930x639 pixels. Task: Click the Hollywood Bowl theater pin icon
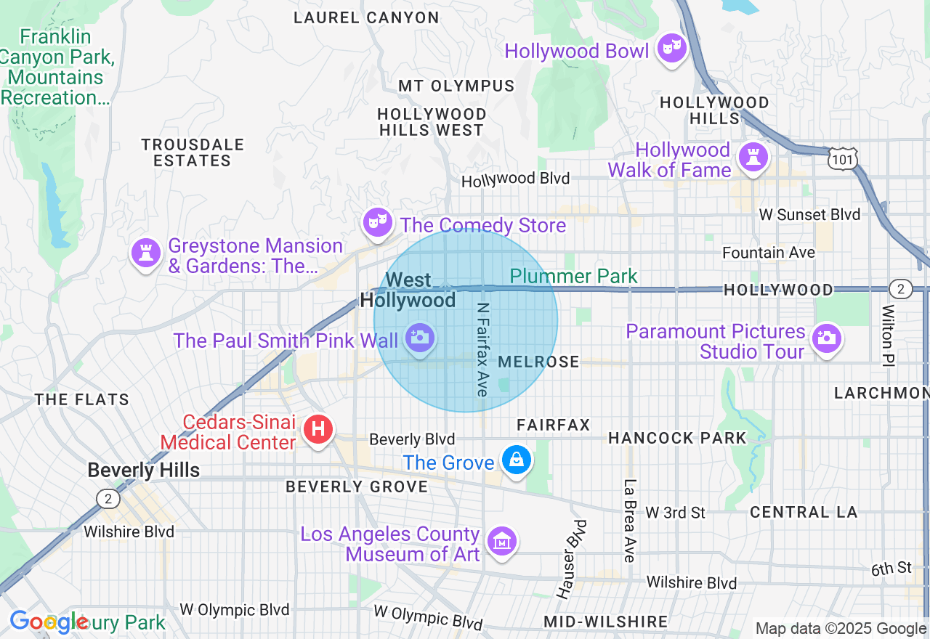click(671, 49)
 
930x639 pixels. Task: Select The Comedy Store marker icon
click(378, 224)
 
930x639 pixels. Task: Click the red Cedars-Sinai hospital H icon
click(318, 429)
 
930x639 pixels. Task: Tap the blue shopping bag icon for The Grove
click(516, 460)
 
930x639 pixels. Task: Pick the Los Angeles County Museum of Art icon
click(501, 542)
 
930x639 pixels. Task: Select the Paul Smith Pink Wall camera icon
click(420, 338)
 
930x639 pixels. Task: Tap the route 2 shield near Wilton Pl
click(901, 289)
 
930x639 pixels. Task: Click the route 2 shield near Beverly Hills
click(108, 499)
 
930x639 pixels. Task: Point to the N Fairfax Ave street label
click(482, 349)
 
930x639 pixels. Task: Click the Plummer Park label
click(573, 276)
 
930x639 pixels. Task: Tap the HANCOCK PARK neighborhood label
click(677, 438)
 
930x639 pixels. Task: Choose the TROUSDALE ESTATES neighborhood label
click(193, 152)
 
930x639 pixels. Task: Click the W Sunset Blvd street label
click(809, 215)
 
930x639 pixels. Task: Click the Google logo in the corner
click(49, 622)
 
